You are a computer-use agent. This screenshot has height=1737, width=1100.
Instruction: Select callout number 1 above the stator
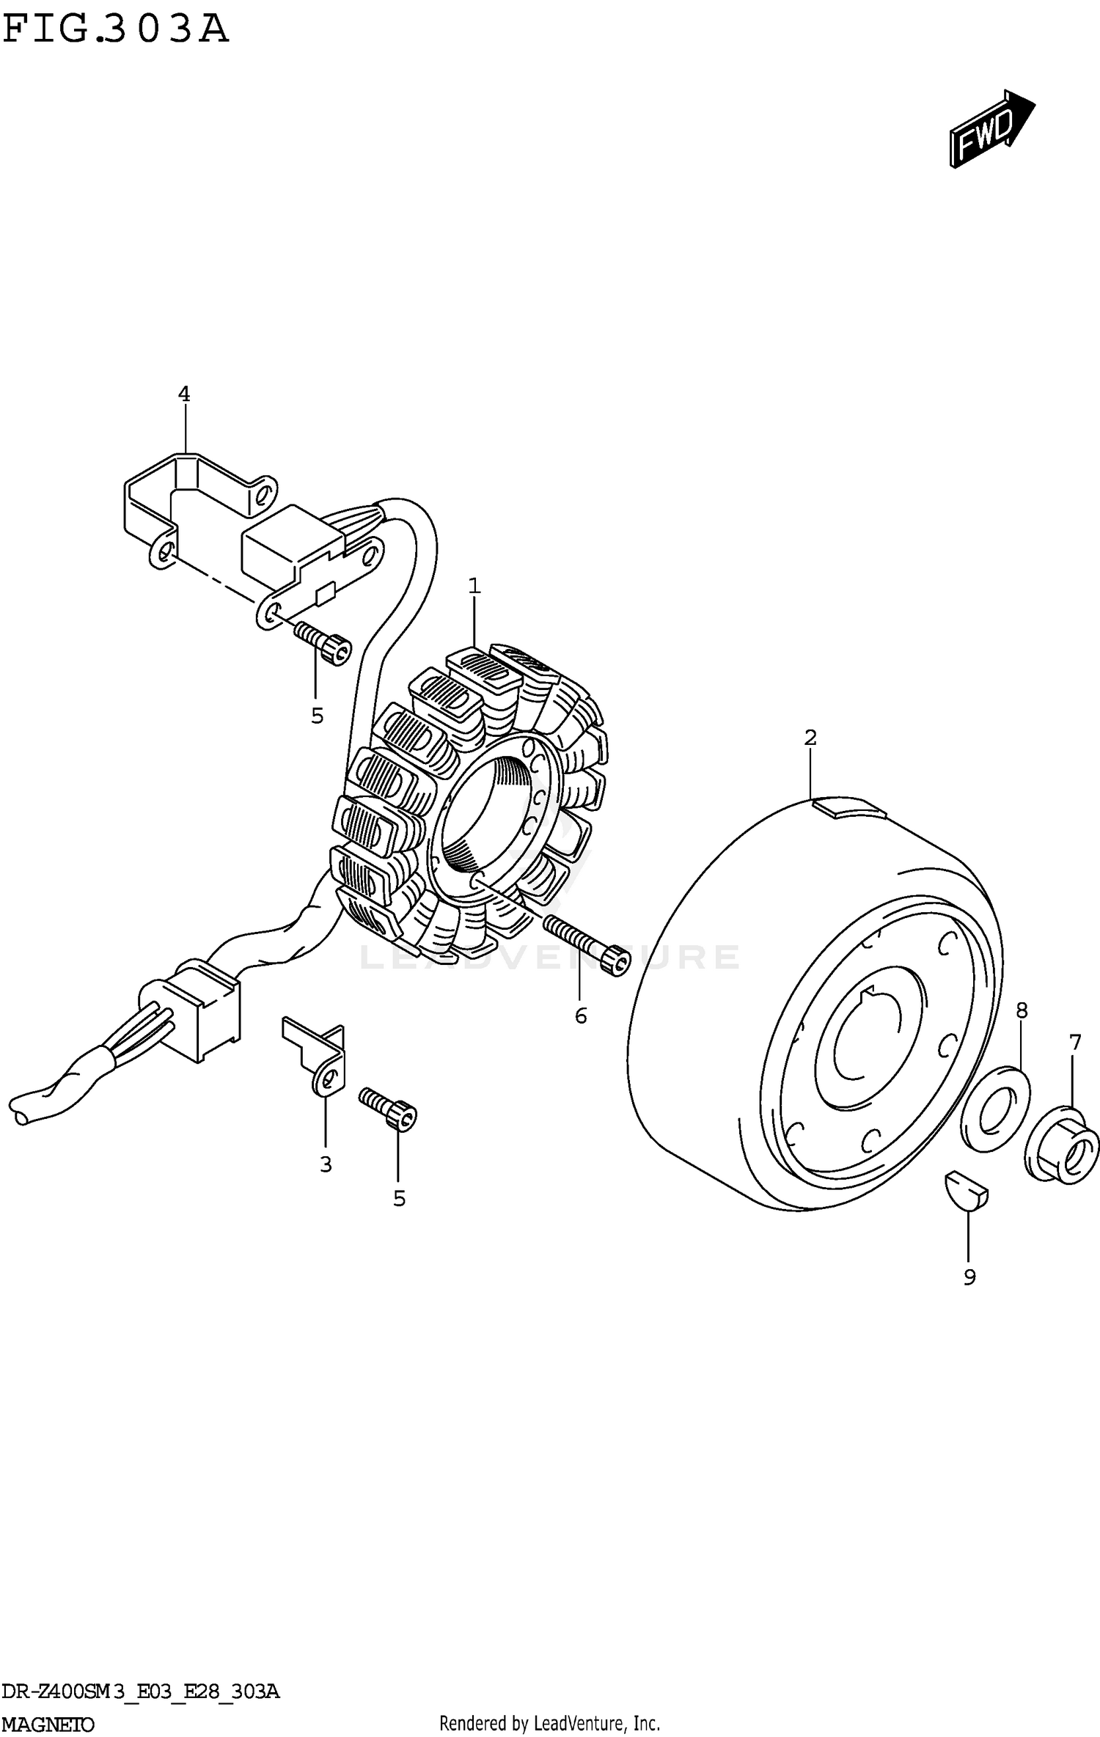pyautogui.click(x=474, y=586)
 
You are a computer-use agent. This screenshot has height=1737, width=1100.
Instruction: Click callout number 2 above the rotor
pyautogui.click(x=810, y=738)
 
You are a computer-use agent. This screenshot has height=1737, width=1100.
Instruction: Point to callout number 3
pyautogui.click(x=326, y=1164)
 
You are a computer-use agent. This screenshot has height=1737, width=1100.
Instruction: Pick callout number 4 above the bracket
pyautogui.click(x=184, y=394)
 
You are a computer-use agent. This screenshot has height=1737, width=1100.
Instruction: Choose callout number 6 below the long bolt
pyautogui.click(x=581, y=1016)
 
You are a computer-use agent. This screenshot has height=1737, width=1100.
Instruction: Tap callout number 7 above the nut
pyautogui.click(x=1075, y=1043)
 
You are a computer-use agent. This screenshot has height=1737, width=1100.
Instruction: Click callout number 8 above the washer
pyautogui.click(x=1022, y=1010)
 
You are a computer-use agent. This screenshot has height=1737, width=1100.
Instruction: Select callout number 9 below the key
pyautogui.click(x=969, y=1277)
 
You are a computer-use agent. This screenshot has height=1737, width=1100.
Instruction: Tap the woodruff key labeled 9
pyautogui.click(x=966, y=1194)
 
